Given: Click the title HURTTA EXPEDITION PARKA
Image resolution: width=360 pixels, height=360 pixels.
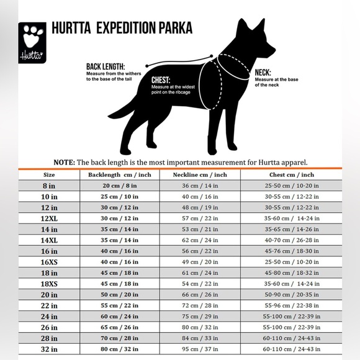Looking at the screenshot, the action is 122,29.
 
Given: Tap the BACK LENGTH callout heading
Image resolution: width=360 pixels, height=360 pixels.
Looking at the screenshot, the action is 106,66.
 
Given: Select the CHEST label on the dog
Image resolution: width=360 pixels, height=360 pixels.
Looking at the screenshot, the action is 161,80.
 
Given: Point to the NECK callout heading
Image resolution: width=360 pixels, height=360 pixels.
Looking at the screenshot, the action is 263,72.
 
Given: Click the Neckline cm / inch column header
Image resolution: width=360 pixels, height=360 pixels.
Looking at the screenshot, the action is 200,175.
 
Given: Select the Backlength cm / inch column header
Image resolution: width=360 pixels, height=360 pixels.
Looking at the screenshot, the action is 120,175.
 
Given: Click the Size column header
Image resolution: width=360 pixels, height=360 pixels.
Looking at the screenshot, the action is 49,175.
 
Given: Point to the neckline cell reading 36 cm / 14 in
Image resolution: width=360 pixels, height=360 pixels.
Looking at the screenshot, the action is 200,186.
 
